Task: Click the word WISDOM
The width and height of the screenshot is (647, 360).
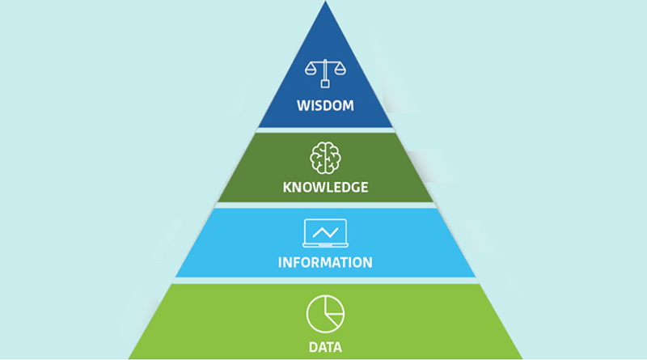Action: [x=325, y=106]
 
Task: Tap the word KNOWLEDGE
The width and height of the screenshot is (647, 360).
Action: [x=325, y=188]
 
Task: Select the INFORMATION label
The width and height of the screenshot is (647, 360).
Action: [x=325, y=263]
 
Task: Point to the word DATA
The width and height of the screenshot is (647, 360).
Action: [x=325, y=347]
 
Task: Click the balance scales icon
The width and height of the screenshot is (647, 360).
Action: [x=325, y=74]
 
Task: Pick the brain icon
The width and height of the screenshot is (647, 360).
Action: [x=325, y=158]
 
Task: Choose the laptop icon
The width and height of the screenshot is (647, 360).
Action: [x=325, y=233]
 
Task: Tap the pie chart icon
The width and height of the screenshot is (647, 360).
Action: [x=325, y=314]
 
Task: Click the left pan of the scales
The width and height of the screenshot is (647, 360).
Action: [x=311, y=71]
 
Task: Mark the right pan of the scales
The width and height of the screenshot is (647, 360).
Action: [x=340, y=71]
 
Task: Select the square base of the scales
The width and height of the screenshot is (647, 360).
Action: [x=325, y=84]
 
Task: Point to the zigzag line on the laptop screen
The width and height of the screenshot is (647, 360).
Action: [x=325, y=232]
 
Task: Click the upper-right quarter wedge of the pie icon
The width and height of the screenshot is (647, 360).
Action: [x=333, y=306]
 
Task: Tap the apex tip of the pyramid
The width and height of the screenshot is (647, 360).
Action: [x=325, y=2]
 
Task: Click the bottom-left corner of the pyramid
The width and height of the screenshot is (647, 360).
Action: [x=129, y=358]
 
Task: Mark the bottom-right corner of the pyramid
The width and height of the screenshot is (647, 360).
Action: [x=522, y=358]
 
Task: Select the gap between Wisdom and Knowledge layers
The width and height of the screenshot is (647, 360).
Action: [x=325, y=130]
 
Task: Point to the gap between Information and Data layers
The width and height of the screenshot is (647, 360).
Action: [x=325, y=281]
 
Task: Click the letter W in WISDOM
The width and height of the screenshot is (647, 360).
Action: [x=303, y=106]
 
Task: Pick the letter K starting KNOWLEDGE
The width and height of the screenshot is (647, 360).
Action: [x=287, y=188]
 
